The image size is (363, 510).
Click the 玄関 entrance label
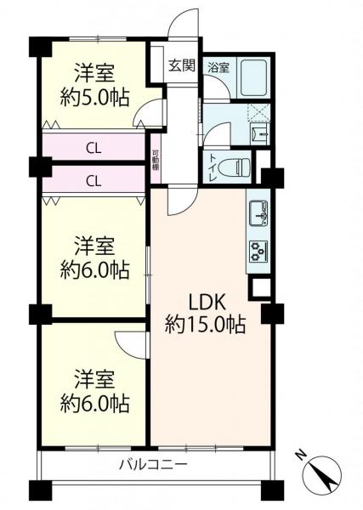tap(182, 66)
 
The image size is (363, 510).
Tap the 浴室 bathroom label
tap(218, 67)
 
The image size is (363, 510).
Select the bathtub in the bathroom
tap(254, 76)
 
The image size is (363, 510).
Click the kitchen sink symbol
tap(258, 214)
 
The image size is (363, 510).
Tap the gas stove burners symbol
tap(258, 251)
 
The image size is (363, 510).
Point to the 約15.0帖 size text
tap(205, 325)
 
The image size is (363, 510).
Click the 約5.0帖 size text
tap(94, 97)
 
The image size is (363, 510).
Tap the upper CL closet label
tap(94, 149)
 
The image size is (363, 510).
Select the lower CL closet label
tap(94, 181)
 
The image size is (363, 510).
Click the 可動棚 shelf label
tap(156, 160)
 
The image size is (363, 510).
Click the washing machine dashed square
tap(258, 112)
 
